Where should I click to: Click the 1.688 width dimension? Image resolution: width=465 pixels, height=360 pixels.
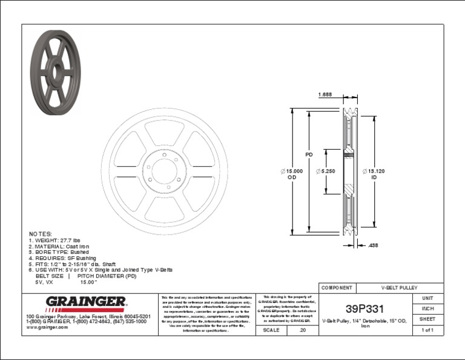click(325, 95)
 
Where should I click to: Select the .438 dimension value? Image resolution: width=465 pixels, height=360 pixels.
click(373, 245)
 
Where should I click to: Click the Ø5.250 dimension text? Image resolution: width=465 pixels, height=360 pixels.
click(326, 172)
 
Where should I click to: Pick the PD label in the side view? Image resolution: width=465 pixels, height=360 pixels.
click(308, 155)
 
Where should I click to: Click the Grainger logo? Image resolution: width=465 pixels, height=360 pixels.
click(87, 302)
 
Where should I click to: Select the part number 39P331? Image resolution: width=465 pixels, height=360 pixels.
click(364, 307)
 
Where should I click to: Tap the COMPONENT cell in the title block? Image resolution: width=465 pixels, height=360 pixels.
click(337, 287)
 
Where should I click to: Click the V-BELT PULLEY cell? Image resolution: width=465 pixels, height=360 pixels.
click(400, 287)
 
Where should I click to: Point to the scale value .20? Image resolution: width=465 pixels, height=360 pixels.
click(303, 330)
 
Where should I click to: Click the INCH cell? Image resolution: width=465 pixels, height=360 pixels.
click(427, 309)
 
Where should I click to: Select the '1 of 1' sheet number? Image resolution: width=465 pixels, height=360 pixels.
click(427, 330)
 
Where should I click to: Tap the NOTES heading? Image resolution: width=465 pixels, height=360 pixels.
click(41, 233)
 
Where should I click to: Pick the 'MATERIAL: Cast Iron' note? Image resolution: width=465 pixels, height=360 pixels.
click(59, 246)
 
